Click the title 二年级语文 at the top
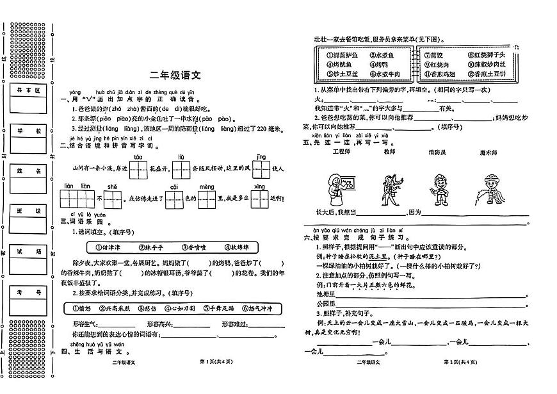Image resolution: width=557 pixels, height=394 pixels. pyautogui.click(x=175, y=76)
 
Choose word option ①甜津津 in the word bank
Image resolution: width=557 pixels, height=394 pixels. pyautogui.click(x=105, y=247)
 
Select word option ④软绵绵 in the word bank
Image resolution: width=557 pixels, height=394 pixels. pyautogui.click(x=241, y=247)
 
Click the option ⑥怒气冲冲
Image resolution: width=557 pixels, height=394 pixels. pyautogui.click(x=261, y=308)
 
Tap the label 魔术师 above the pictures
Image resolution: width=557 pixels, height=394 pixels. pyautogui.click(x=489, y=152)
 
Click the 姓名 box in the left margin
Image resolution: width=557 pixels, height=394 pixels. pyautogui.click(x=30, y=171)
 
